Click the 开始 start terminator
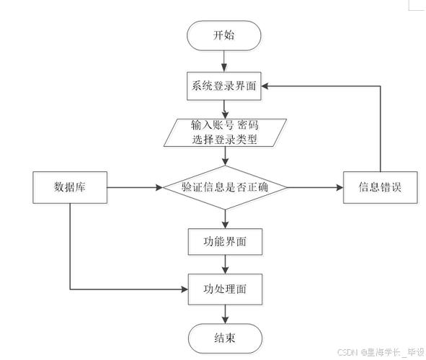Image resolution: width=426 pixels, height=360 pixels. coord(224,35)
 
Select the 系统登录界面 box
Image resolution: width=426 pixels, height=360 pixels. coord(224,84)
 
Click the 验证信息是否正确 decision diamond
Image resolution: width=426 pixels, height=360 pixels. coord(224,188)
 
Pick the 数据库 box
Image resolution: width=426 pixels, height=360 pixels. coord(70,188)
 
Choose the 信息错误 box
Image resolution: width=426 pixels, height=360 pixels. coord(380,188)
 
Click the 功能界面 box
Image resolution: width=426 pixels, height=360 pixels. coord(224,241)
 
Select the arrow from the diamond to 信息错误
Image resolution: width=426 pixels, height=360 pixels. coord(316,188)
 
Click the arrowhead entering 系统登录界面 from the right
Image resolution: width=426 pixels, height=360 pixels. coord(266,84)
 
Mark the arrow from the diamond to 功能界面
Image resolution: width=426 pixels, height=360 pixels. coord(224,217)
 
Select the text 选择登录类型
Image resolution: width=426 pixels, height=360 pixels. coord(224,140)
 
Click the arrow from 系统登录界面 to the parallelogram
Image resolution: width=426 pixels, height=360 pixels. coord(224,107)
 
